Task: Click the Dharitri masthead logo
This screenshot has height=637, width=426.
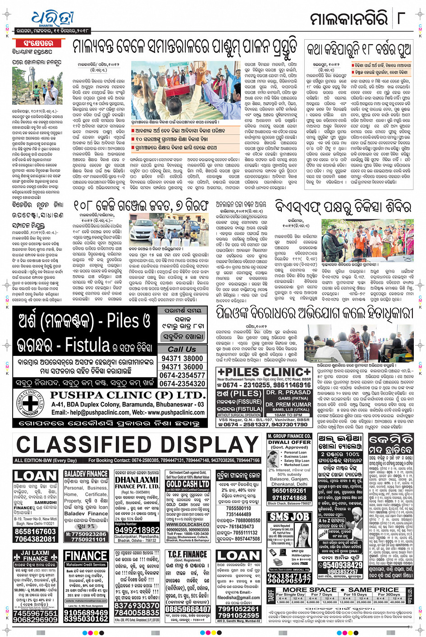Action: [x=52, y=19]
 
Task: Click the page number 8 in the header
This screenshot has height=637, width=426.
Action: [x=401, y=19]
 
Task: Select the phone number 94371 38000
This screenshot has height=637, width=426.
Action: [x=182, y=358]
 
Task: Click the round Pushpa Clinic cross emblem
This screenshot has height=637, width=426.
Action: [x=30, y=403]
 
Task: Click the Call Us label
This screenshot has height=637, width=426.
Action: [x=182, y=349]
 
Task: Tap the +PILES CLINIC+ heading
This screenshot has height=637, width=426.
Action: [x=264, y=372]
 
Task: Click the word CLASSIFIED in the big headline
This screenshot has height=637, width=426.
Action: [x=88, y=445]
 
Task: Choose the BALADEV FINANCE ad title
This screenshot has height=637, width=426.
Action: [x=86, y=474]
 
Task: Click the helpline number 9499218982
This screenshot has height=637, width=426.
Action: [x=137, y=530]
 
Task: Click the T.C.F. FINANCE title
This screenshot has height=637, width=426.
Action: [x=188, y=554]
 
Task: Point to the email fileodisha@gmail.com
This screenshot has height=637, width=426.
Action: [x=238, y=598]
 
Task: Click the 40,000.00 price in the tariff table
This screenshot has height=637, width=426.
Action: [x=397, y=602]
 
